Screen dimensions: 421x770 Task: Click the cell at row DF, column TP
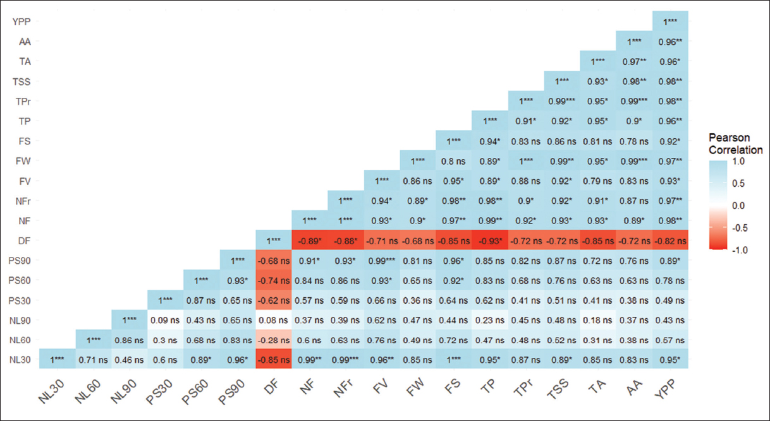click(490, 240)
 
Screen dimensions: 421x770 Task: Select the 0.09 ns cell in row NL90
click(165, 321)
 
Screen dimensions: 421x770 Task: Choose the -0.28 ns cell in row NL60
click(274, 341)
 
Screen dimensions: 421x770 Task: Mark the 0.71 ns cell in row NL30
click(93, 360)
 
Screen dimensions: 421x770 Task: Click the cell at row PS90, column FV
click(382, 261)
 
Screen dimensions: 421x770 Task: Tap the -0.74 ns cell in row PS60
click(274, 281)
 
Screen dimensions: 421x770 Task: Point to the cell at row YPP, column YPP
click(670, 21)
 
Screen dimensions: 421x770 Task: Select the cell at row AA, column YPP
click(670, 41)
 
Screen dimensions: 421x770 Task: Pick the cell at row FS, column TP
click(490, 141)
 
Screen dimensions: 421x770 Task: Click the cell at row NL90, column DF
click(274, 321)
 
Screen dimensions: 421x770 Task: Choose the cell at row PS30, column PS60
click(202, 300)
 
